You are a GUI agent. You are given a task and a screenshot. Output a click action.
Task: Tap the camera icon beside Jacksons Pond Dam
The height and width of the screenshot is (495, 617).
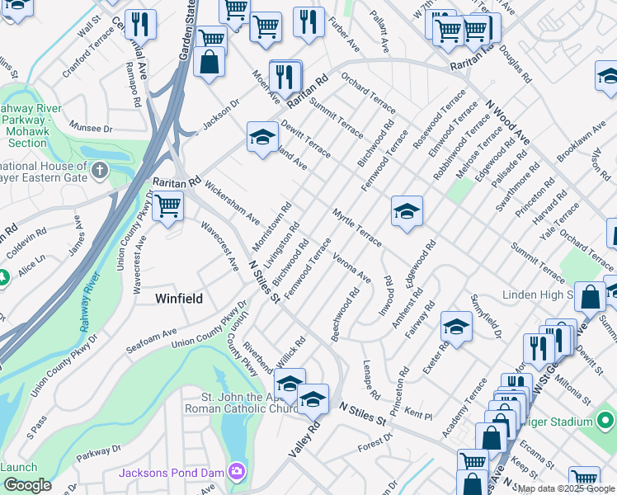pos(238,472)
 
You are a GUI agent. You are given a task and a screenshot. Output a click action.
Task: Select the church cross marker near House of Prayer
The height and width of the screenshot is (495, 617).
pos(99,172)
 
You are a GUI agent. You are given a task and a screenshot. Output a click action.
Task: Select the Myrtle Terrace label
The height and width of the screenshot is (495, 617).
pos(356,227)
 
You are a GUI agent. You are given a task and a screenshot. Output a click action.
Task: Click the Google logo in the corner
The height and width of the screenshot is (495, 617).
pos(26,485)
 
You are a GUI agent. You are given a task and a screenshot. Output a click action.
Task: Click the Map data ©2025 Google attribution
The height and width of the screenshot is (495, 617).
pos(566,488)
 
